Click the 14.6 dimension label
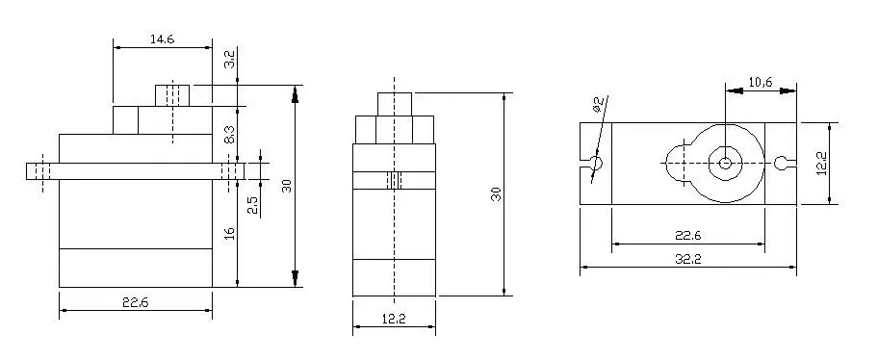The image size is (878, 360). point(163,39)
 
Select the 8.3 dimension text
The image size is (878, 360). point(229,135)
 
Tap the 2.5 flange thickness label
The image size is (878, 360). point(253,205)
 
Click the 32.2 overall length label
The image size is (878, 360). point(687,259)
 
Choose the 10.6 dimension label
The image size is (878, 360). point(760,83)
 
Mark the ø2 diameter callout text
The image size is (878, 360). point(598,105)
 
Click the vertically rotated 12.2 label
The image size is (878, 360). point(821,163)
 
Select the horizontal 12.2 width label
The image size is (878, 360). point(394,320)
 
